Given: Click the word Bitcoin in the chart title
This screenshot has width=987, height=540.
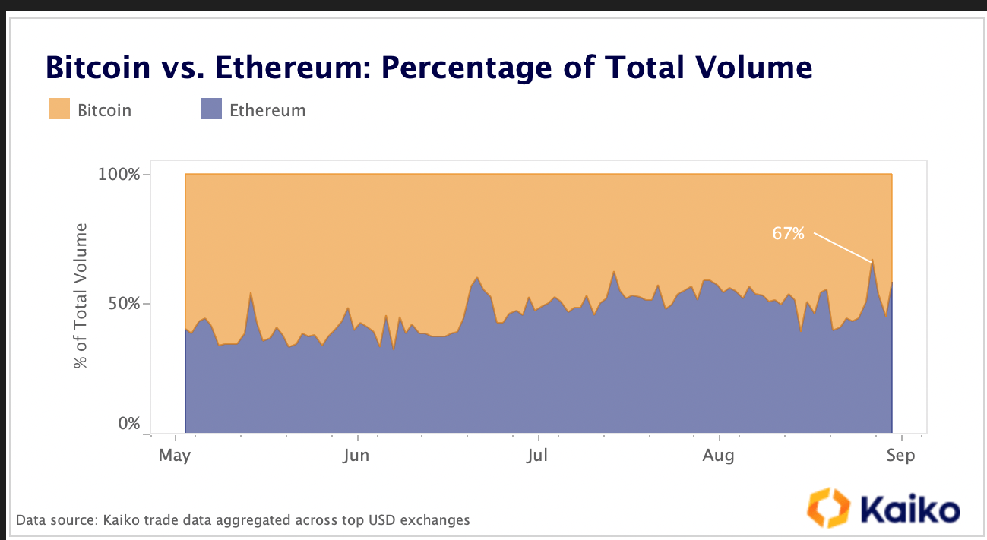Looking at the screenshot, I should tap(98, 68).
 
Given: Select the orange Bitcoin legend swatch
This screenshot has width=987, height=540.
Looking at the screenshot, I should tap(59, 109).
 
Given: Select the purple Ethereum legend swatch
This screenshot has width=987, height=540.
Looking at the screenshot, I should tap(210, 109).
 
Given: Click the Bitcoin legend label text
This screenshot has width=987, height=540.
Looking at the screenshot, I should tap(104, 110).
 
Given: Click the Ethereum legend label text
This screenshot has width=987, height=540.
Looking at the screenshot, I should tap(267, 110).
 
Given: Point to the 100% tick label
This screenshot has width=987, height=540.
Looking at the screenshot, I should tap(119, 175).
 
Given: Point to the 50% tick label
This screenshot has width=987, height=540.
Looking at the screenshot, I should tap(123, 304).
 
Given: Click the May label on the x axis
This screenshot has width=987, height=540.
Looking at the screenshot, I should tap(176, 456).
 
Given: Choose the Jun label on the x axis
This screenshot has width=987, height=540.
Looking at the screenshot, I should tap(356, 456).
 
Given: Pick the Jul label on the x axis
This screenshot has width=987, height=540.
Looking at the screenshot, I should tap(537, 456).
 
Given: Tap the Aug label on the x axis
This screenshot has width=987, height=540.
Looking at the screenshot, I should tap(718, 456).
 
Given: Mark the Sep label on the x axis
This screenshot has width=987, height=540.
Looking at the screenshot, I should tap(900, 456).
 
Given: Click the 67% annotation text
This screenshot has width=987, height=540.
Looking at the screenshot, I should tap(788, 234).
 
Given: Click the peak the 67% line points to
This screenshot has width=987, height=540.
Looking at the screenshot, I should tap(872, 261).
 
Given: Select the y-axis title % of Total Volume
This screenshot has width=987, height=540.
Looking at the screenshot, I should tap(81, 296).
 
